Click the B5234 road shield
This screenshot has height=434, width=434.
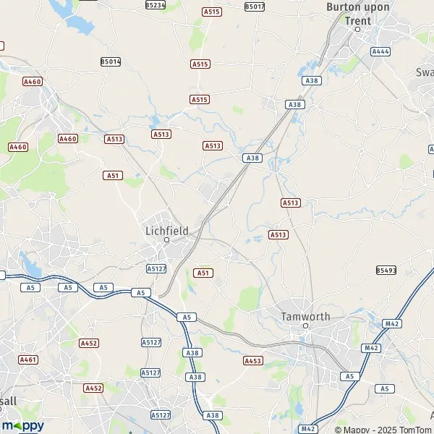point(155,5)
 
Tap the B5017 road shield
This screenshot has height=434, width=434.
point(255,7)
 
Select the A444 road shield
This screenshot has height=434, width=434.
point(380,52)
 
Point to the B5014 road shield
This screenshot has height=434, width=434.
point(111,62)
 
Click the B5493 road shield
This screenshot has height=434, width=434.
point(386,271)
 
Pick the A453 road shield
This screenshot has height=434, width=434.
point(252,360)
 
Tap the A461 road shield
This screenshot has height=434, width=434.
point(28,359)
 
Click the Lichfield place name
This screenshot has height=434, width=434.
point(166,230)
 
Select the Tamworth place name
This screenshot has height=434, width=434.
point(306,316)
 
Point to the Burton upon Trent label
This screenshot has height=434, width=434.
point(358,14)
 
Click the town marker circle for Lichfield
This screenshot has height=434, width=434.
point(166,239)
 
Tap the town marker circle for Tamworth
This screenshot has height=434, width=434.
point(306,326)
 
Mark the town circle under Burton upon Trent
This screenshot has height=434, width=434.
point(357,30)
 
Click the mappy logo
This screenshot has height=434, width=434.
point(22,425)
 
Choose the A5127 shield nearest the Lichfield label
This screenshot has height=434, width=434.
point(156,268)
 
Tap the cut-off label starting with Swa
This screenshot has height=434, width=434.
point(424,72)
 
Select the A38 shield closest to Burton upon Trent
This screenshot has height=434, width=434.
point(312,81)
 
